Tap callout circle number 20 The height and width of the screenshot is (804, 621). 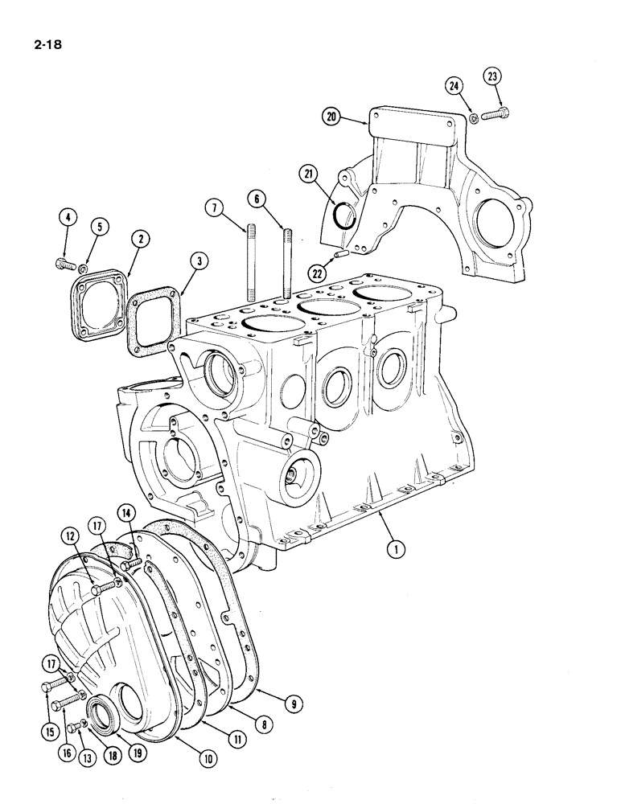[331, 117]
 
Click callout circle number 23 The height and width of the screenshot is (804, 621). [492, 78]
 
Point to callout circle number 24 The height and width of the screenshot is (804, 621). [455, 86]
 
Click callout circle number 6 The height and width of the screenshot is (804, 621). [255, 197]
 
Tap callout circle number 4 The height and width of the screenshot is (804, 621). [67, 218]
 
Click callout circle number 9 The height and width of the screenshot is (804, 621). [295, 703]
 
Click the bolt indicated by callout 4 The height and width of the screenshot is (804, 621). [62, 262]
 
